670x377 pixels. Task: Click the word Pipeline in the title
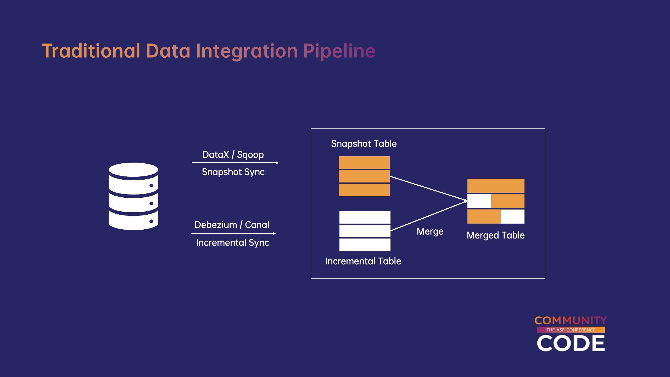click(x=339, y=51)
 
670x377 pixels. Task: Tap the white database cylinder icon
click(x=133, y=196)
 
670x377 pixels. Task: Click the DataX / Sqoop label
click(x=233, y=155)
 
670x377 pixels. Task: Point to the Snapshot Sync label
click(x=233, y=172)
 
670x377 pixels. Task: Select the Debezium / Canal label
click(x=232, y=225)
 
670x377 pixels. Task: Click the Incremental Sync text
click(x=232, y=243)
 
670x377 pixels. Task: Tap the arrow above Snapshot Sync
click(x=235, y=163)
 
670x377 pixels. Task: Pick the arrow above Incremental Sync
click(x=233, y=233)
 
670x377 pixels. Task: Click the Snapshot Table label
click(x=364, y=144)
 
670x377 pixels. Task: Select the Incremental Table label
click(x=363, y=261)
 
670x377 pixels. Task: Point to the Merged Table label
click(x=496, y=235)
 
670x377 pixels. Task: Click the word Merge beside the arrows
click(x=430, y=231)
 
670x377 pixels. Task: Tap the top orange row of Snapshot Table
click(x=364, y=163)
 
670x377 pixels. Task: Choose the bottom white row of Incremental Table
click(x=365, y=245)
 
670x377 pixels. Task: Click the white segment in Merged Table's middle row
click(x=479, y=201)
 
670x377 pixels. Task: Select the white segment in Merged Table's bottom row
click(x=512, y=217)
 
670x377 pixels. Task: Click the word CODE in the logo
click(x=571, y=343)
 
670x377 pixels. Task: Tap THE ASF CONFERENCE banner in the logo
click(x=571, y=330)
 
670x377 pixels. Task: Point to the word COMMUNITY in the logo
click(x=571, y=320)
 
